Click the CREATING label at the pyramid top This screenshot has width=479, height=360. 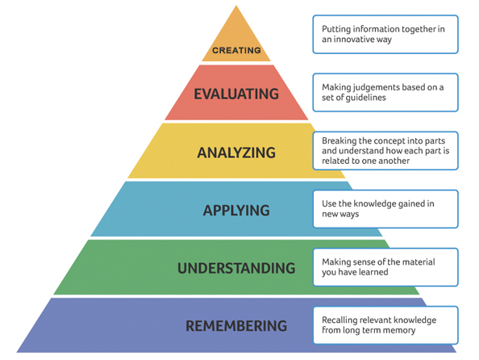coord(236,50)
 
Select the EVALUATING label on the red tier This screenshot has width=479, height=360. coord(236,94)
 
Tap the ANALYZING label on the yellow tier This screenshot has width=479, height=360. coord(236,153)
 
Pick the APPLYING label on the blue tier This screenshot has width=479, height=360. coord(236,211)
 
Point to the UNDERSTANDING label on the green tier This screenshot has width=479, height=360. coord(236,268)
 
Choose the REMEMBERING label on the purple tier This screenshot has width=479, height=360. coord(236,326)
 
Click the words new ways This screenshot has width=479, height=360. coord(340,214)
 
